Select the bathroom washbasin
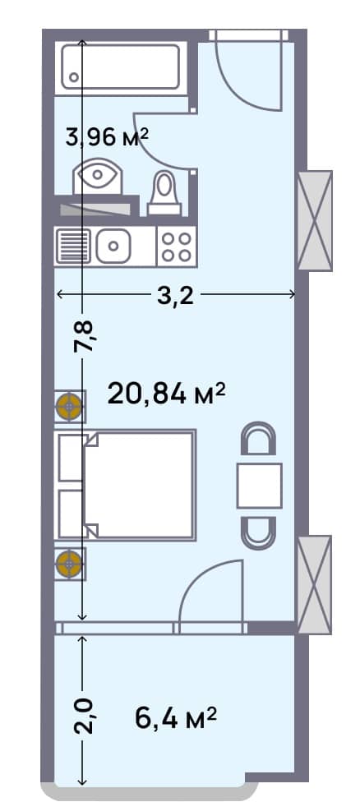coord(98,176)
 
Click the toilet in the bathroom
coord(164,193)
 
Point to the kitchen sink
coord(113,245)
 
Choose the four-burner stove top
coord(176,246)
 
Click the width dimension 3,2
coord(175,295)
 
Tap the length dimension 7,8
coord(85,337)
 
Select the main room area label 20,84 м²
coord(167,394)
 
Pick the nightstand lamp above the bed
coord(69,406)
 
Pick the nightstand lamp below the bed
coord(69,564)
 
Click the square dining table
coord(259,485)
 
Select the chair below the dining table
coord(259,531)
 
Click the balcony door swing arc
coord(212,592)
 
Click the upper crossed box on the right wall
coord(314,220)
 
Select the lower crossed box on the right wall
coord(314,584)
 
